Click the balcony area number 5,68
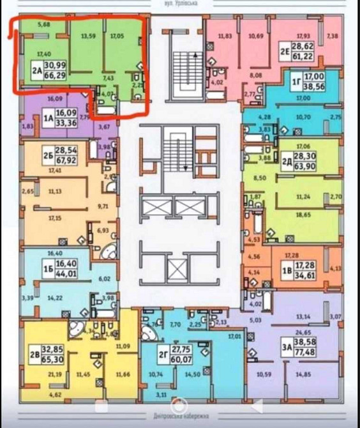click(x=44, y=25)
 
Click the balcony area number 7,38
click(x=332, y=36)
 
